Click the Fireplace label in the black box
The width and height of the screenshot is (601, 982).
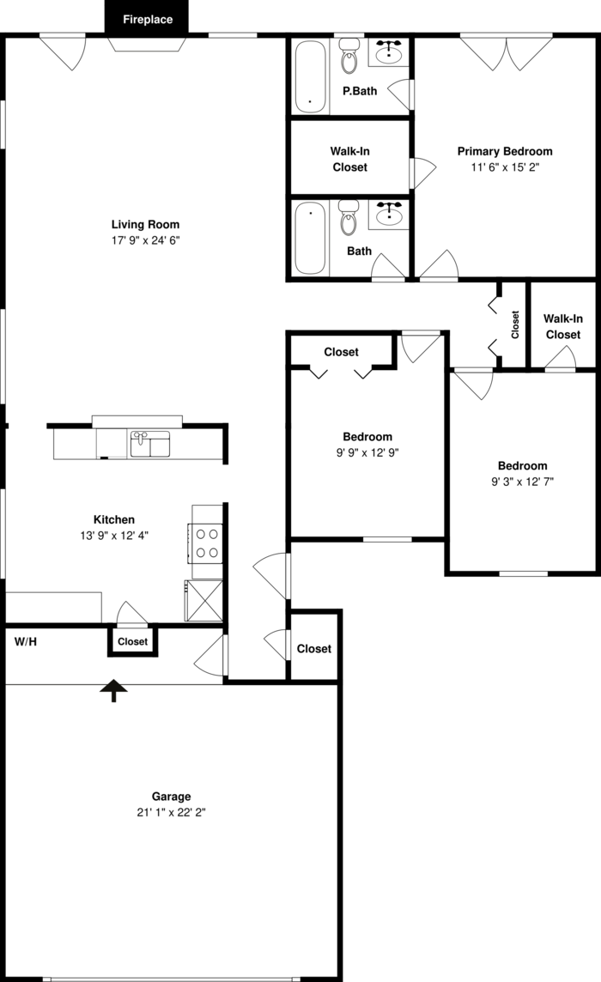148,20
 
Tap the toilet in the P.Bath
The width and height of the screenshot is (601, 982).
349,55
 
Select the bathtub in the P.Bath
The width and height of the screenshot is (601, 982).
310,76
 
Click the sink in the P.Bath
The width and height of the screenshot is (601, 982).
391,52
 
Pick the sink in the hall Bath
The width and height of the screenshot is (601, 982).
391,215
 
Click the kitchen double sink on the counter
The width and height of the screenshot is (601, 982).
149,444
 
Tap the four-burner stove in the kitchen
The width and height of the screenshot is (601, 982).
207,543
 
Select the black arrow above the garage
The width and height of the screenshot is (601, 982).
114,691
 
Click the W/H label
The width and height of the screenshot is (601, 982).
26,641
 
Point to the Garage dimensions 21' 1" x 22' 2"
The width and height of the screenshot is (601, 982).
171,812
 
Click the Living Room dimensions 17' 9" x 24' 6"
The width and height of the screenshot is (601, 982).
145,239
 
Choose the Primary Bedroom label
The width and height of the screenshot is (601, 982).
505,151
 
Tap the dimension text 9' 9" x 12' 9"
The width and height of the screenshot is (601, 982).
367,452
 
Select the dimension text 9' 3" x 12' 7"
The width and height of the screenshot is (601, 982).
523,481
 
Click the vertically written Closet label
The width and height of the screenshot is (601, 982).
515,325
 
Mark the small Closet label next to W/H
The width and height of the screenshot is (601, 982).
133,641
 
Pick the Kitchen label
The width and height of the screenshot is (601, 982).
114,519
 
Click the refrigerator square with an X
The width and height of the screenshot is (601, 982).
203,601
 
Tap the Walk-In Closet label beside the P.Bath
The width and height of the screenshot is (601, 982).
349,159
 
